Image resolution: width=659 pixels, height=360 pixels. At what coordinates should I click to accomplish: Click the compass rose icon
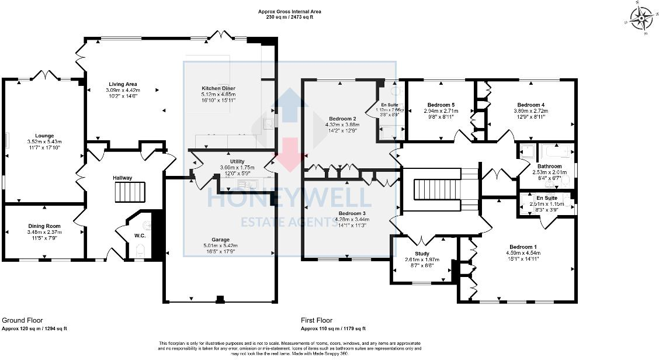click(x=641, y=18)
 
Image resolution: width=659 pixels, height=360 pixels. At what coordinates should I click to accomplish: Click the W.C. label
click(x=140, y=236)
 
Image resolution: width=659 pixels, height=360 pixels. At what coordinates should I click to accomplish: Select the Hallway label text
click(x=123, y=178)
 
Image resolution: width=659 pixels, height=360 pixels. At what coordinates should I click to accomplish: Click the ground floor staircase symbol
click(x=129, y=191)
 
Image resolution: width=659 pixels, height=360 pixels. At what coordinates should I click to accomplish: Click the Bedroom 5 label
click(x=441, y=105)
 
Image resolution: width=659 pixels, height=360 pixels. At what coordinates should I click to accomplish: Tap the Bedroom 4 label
click(x=531, y=105)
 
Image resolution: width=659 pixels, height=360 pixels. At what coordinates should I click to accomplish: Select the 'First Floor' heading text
click(x=317, y=320)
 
